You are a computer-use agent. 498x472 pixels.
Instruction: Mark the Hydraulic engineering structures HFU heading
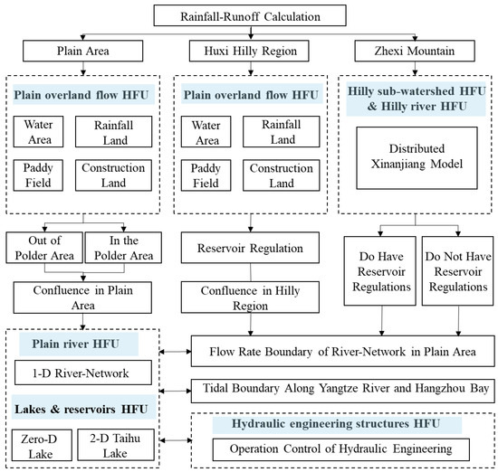(x=345, y=423)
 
